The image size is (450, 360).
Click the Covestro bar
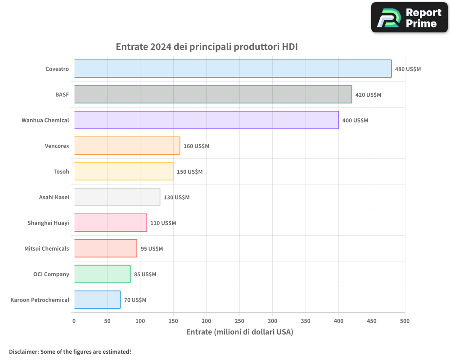pyautogui.click(x=233, y=69)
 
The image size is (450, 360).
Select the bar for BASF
pyautogui.click(x=213, y=94)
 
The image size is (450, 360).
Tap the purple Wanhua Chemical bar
pyautogui.click(x=206, y=120)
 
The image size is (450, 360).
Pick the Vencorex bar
pyautogui.click(x=127, y=146)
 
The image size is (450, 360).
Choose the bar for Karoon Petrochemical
pyautogui.click(x=97, y=300)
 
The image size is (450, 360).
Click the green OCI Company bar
pyautogui.click(x=102, y=274)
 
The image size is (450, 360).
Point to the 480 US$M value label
pyautogui.click(x=408, y=69)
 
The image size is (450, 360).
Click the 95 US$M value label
pyautogui.click(x=152, y=249)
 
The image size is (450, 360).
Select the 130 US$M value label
pyautogui.click(x=176, y=198)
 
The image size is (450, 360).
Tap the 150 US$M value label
pyautogui.click(x=189, y=172)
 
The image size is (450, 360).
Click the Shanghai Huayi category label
pyautogui.click(x=48, y=223)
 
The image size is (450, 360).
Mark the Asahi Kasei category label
pyautogui.click(x=54, y=198)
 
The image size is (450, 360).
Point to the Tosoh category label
pyautogui.click(x=61, y=172)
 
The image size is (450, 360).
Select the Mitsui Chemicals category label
pyautogui.click(x=47, y=249)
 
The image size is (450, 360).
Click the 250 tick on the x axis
pyautogui.click(x=239, y=321)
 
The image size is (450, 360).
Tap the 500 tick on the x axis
pyautogui.click(x=405, y=321)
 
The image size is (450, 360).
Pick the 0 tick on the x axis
pyautogui.click(x=74, y=321)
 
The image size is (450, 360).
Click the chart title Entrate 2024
pyautogui.click(x=207, y=47)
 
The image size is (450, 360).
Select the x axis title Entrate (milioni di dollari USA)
pyautogui.click(x=239, y=332)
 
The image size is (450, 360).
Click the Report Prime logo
pyautogui.click(x=409, y=18)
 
